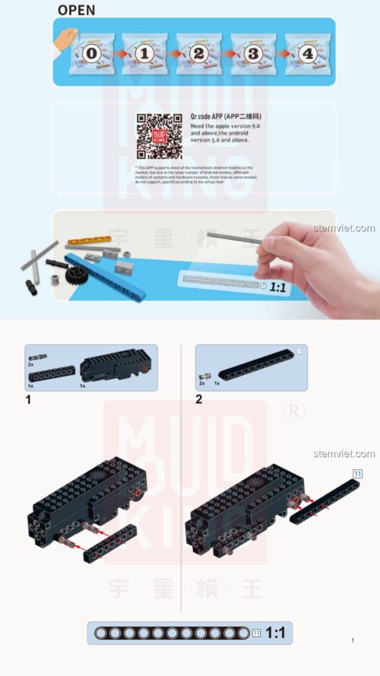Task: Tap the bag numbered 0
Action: (x=91, y=54)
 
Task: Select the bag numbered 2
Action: (x=198, y=54)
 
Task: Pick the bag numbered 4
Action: (x=307, y=54)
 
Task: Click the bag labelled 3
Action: (x=253, y=54)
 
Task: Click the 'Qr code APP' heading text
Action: (x=216, y=116)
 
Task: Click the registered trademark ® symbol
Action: (x=290, y=411)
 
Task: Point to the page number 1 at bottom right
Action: (x=353, y=641)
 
